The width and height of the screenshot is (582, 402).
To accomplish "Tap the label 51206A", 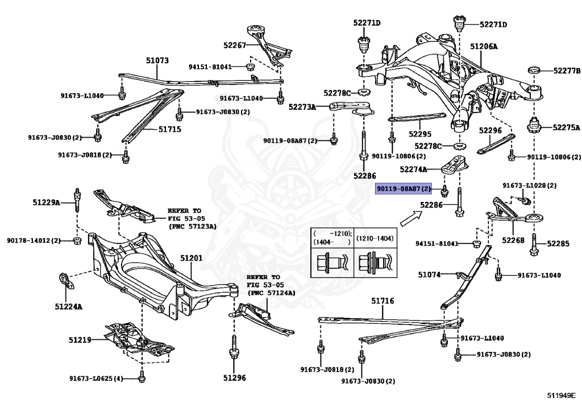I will click(x=484, y=45).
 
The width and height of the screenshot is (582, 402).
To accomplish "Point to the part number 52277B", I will click(x=567, y=71).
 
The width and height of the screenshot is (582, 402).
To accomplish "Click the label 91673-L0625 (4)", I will click(x=96, y=379).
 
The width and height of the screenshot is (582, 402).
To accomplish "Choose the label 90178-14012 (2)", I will click(x=34, y=241).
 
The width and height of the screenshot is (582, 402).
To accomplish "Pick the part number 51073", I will click(x=157, y=60).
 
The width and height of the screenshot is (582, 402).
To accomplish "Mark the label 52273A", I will click(x=302, y=106).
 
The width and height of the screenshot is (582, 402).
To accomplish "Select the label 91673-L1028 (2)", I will click(x=529, y=185).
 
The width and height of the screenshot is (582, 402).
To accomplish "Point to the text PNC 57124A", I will click(x=271, y=293).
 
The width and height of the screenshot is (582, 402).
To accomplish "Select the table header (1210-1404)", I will click(x=375, y=238).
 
